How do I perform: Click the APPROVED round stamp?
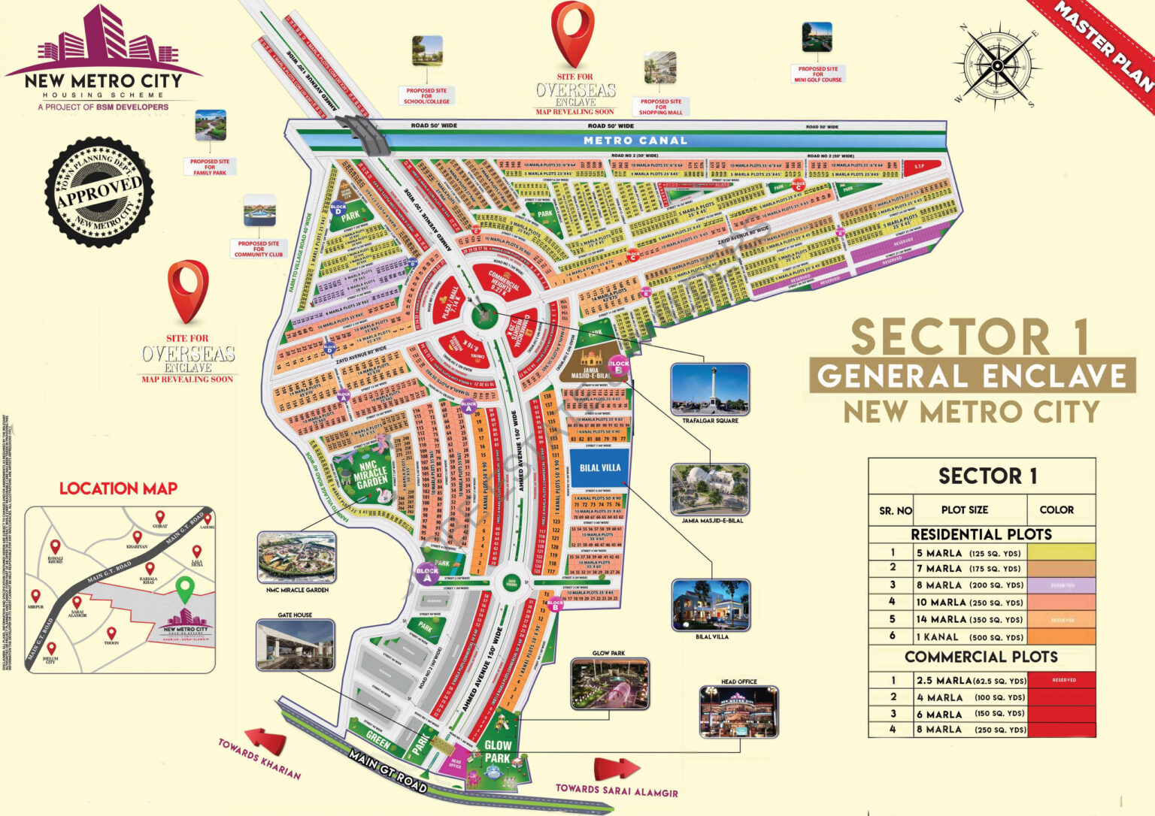pyautogui.click(x=99, y=192)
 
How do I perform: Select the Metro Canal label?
pyautogui.click(x=635, y=141)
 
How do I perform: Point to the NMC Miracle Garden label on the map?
pyautogui.click(x=371, y=475)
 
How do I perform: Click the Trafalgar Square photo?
pyautogui.click(x=710, y=389)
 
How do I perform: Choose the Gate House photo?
pyautogui.click(x=295, y=645)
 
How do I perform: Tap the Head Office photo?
pyautogui.click(x=738, y=712)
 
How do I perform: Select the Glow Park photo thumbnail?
pyautogui.click(x=609, y=684)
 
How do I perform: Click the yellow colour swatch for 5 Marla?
pyautogui.click(x=1061, y=552)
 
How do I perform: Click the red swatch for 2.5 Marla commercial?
pyautogui.click(x=1061, y=680)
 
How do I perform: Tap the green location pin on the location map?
pyautogui.click(x=184, y=588)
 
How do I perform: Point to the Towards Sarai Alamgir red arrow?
pyautogui.click(x=617, y=768)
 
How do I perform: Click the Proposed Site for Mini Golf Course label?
pyautogui.click(x=818, y=74)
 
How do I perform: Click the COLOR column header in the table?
pyautogui.click(x=1056, y=509)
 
